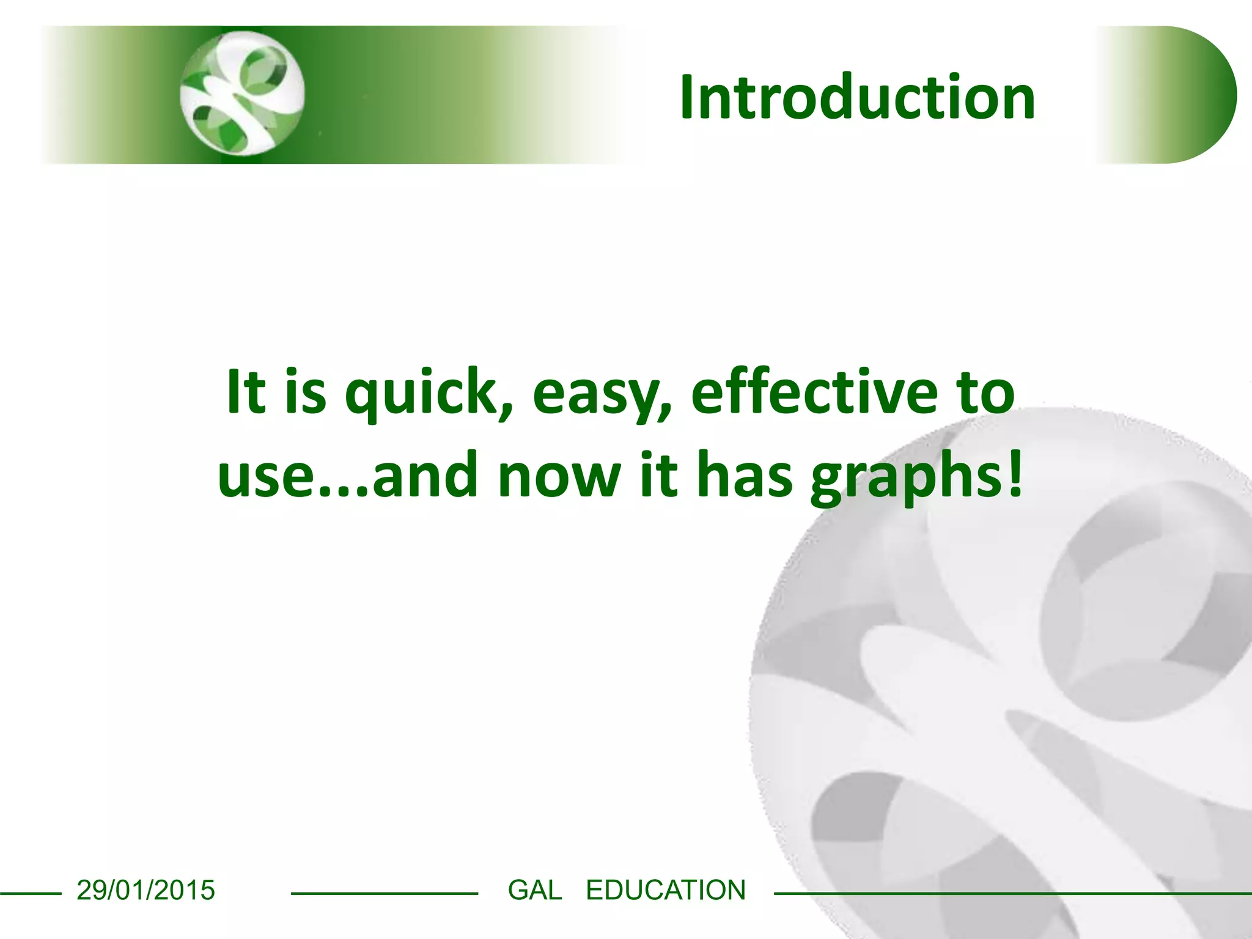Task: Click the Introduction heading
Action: pyautogui.click(x=857, y=97)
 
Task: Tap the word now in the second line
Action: pyautogui.click(x=559, y=476)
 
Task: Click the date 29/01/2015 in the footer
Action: pyautogui.click(x=145, y=890)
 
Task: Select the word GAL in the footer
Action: pyautogui.click(x=535, y=890)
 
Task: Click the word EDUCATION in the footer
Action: pyautogui.click(x=666, y=890)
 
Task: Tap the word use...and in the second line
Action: pyautogui.click(x=347, y=476)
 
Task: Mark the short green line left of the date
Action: pyautogui.click(x=31, y=894)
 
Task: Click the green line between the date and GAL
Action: pyautogui.click(x=384, y=894)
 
